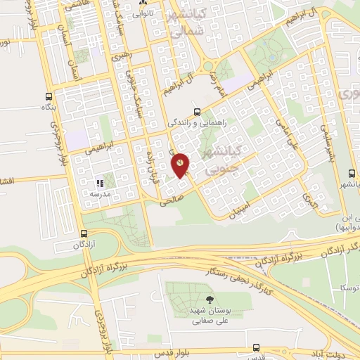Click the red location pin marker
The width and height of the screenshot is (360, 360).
tap(181, 164)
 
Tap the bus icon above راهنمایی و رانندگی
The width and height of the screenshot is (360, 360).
tap(197, 110)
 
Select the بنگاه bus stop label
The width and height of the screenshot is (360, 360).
tap(47, 108)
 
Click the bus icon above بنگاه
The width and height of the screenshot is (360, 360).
tap(49, 96)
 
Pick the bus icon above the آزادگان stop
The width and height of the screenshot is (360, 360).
tap(84, 234)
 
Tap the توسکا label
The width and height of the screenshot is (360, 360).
tap(347, 289)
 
